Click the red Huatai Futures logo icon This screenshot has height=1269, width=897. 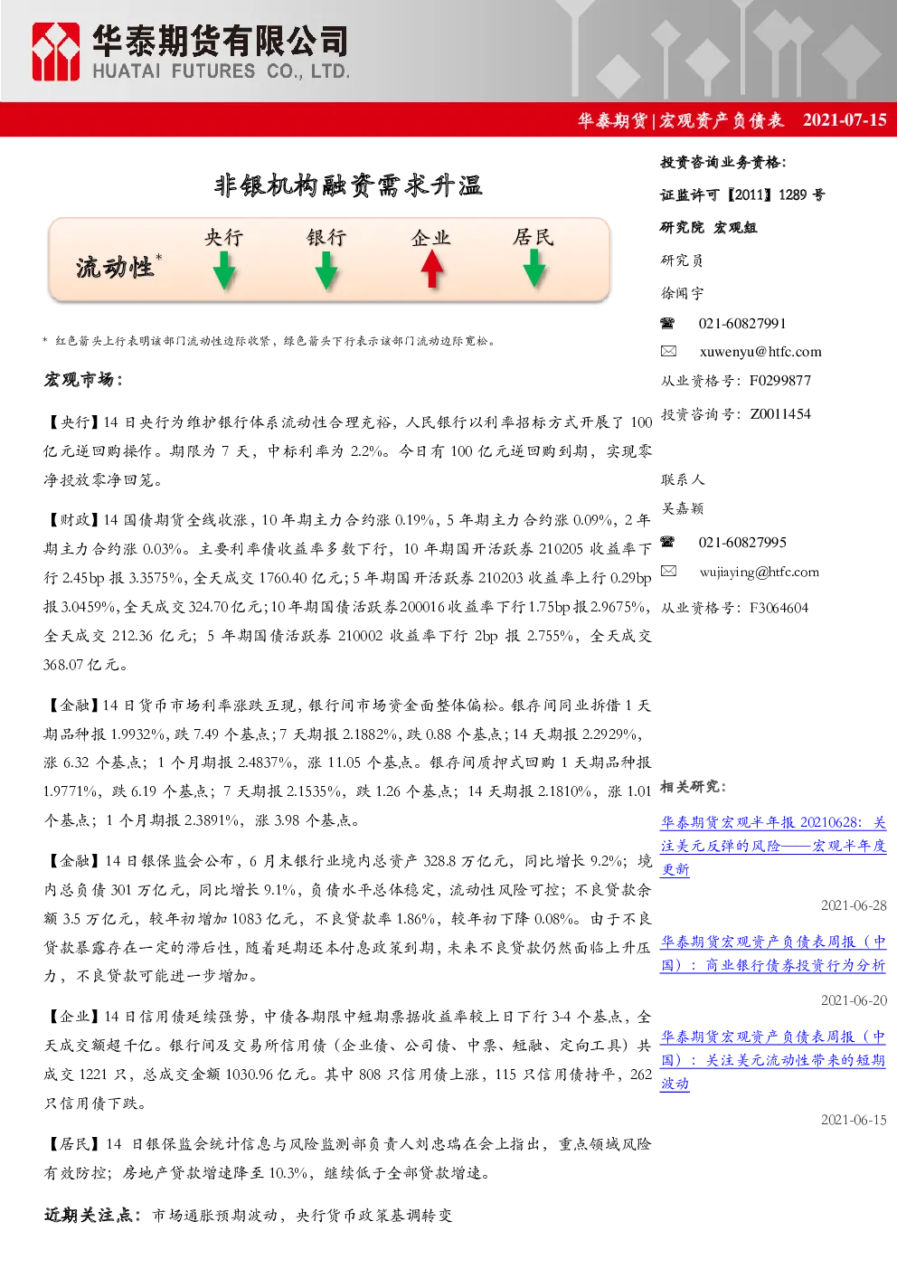[x=55, y=52]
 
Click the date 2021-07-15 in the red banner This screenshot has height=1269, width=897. [x=845, y=119]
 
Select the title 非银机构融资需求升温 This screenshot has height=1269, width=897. [x=348, y=185]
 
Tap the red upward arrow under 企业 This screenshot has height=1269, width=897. [x=431, y=270]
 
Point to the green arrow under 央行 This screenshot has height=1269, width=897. [x=224, y=270]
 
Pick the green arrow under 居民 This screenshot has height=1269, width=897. [x=533, y=269]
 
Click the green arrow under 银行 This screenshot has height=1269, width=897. [x=326, y=270]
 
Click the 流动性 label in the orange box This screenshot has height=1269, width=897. [x=115, y=267]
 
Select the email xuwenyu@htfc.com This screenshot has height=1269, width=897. [x=760, y=352]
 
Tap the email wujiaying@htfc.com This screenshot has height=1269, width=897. [x=759, y=572]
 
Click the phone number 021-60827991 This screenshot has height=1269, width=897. [x=741, y=324]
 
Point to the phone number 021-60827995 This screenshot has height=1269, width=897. [x=741, y=542]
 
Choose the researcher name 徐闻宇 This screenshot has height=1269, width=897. [x=682, y=293]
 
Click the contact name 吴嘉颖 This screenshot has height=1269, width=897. [x=682, y=508]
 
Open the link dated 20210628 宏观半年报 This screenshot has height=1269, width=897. [x=773, y=845]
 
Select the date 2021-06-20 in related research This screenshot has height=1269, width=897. [x=854, y=999]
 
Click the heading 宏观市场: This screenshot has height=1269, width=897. [x=83, y=379]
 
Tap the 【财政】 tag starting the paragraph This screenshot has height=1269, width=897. [x=72, y=519]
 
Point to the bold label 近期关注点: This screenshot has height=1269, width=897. [x=92, y=1215]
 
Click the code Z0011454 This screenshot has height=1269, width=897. [x=780, y=414]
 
